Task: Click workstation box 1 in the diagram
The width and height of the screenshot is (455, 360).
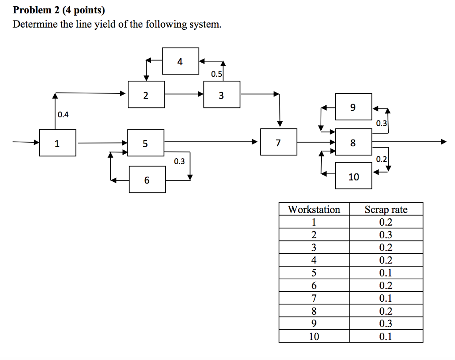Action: pyautogui.click(x=57, y=143)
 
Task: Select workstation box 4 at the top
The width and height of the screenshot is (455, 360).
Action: pyautogui.click(x=180, y=61)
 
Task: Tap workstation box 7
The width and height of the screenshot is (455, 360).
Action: pyautogui.click(x=279, y=142)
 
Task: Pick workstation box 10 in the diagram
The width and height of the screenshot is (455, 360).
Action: pyautogui.click(x=354, y=176)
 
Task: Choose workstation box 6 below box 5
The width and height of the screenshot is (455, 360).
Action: pyautogui.click(x=147, y=179)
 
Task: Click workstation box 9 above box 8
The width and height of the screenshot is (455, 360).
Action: pyautogui.click(x=353, y=107)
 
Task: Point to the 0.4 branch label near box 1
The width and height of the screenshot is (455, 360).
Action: pyautogui.click(x=64, y=115)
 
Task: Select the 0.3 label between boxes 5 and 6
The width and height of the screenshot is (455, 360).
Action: pyautogui.click(x=179, y=161)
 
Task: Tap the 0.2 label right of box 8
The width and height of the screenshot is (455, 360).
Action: pyautogui.click(x=381, y=159)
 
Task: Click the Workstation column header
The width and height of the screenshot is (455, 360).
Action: pyautogui.click(x=314, y=209)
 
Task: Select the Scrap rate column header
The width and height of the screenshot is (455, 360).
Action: pyautogui.click(x=386, y=209)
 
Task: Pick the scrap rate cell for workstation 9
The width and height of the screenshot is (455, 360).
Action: pyautogui.click(x=386, y=324)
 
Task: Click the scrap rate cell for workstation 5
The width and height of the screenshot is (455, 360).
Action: pyautogui.click(x=386, y=273)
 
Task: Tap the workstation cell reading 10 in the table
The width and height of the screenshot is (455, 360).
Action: pyautogui.click(x=314, y=336)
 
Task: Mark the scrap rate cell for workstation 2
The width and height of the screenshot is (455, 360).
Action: pyautogui.click(x=386, y=235)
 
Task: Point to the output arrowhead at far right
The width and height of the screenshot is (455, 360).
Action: pyautogui.click(x=443, y=142)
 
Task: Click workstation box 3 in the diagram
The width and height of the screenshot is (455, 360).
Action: pyautogui.click(x=222, y=95)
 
